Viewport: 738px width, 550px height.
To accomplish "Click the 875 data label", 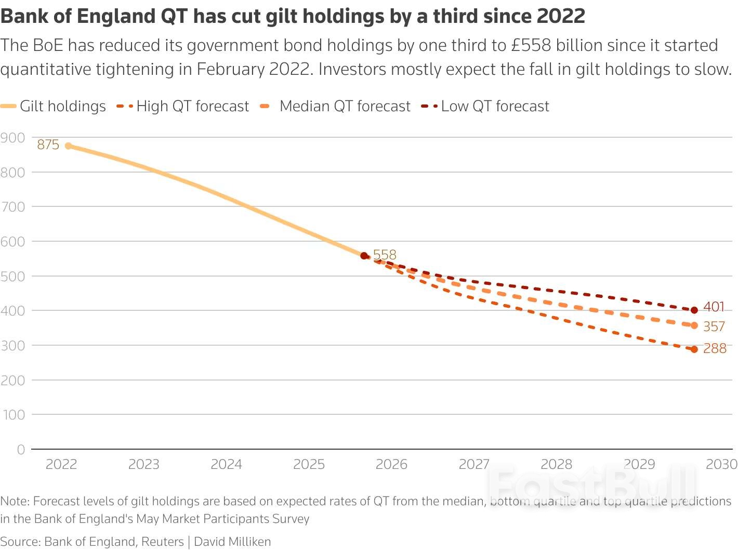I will coord(48,145).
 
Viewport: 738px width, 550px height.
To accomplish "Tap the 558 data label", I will coord(385,255).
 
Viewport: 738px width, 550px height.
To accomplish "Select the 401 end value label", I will coord(714,307).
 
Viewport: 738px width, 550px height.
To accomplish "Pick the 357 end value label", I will coord(714,326).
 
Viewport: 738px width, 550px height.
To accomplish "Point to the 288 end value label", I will coord(715,348).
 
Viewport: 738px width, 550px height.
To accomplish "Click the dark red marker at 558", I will coord(364,256).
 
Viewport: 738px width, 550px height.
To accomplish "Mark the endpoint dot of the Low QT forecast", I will coord(694,310).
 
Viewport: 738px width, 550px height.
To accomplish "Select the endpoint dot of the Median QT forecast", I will coord(694,325).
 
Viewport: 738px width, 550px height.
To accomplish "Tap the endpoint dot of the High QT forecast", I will coord(694,349).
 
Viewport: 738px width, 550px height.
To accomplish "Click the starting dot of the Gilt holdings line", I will coord(69,146).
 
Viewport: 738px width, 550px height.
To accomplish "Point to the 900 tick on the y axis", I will coord(13,138).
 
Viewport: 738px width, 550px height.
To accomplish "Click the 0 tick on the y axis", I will coord(21,450).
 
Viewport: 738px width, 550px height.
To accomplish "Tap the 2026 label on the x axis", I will coord(391,464).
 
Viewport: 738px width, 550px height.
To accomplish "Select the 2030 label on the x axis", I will coord(721,464).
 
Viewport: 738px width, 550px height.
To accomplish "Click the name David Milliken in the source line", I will coord(232,542).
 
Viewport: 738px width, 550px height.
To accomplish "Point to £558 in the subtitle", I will coord(531,45).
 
